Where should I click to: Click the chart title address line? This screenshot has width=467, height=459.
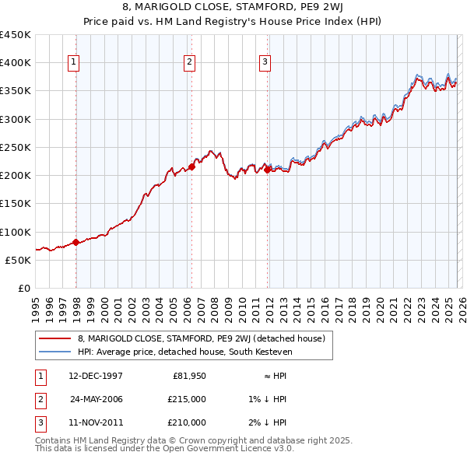233,7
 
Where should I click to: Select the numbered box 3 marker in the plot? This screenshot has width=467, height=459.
265,63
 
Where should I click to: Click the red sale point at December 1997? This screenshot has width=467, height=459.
75,242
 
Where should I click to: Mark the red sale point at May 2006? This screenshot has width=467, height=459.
191,166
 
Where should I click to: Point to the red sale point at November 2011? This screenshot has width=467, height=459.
267,170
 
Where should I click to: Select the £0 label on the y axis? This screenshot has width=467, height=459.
24,288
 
